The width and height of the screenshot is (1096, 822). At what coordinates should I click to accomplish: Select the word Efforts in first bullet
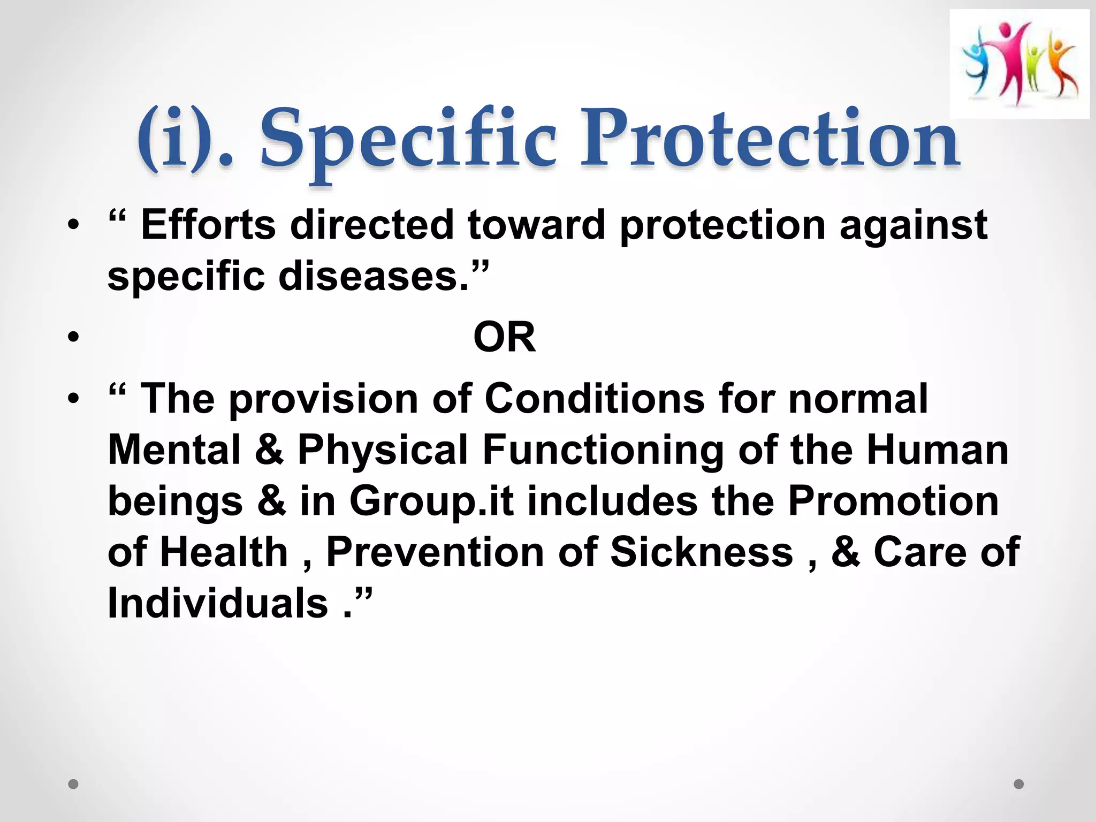[x=208, y=225]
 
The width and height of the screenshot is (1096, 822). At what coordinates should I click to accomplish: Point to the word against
[x=913, y=226]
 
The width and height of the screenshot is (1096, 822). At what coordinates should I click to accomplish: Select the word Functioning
[x=603, y=451]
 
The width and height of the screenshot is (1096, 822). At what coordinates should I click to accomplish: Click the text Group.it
[x=431, y=501]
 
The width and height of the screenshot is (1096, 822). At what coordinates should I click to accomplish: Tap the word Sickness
[x=702, y=552]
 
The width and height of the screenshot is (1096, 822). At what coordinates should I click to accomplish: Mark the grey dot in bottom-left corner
[x=74, y=785]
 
